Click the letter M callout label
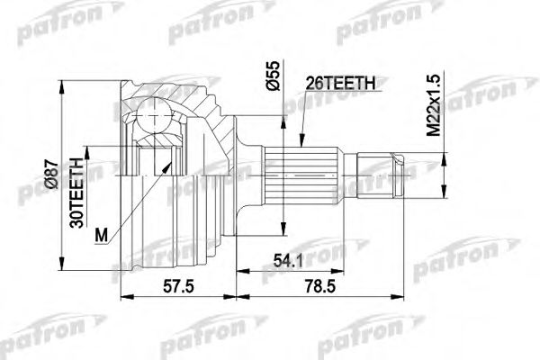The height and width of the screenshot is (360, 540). pyautogui.click(x=102, y=235)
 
